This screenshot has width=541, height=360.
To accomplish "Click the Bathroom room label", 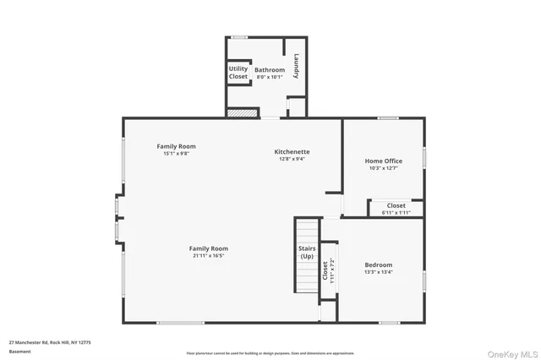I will coord(270,69).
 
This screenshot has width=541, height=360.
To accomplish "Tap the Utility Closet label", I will coord(238,73).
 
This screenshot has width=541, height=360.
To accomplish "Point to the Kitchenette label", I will coord(290,151).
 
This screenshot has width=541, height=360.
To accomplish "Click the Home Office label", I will coord(383,161).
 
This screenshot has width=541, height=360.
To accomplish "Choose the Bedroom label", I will coord(378,265).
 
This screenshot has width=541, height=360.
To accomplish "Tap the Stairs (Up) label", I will coord(306,252).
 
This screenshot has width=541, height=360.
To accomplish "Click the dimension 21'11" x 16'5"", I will coord(210,256).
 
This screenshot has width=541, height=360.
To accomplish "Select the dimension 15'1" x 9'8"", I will coord(176,154).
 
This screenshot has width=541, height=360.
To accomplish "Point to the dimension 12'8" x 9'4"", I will coord(290,159).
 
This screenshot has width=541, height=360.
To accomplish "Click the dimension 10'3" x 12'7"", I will coord(383,168).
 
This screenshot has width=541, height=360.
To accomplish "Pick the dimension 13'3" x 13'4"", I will coord(378,272).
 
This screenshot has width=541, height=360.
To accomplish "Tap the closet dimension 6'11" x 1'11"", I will coord(396,213).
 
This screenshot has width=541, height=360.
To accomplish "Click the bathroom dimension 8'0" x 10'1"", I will coord(270,77).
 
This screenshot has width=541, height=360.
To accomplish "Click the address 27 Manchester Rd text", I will coord(50,342).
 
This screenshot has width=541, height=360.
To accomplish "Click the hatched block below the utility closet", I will coord(241,112).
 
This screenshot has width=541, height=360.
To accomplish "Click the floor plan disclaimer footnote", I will coord(270,353).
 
